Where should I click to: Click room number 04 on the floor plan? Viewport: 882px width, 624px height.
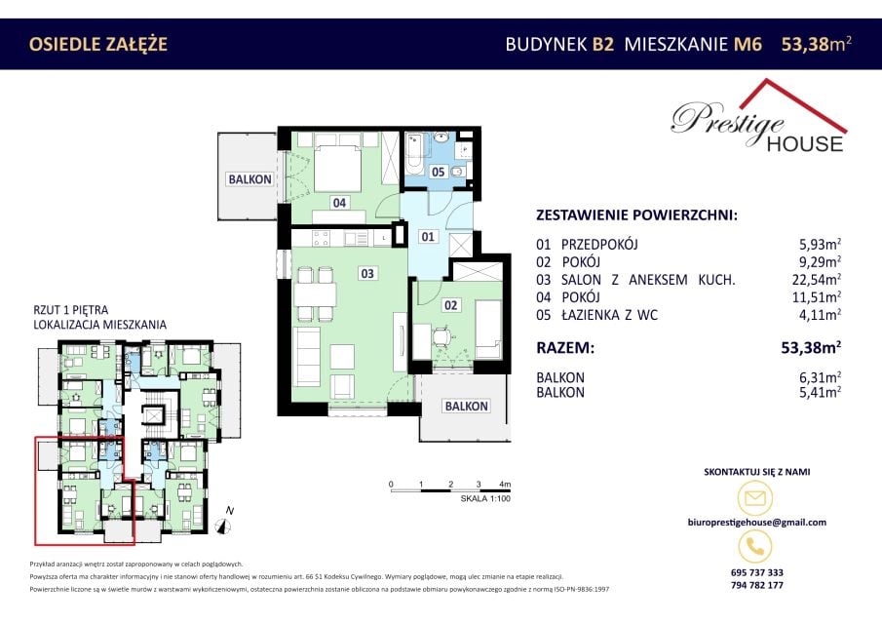coord(339,203)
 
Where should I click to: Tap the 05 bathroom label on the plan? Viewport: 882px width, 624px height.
coord(438,172)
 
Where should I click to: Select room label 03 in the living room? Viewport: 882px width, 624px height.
coord(366,273)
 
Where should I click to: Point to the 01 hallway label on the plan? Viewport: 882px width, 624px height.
coord(428,236)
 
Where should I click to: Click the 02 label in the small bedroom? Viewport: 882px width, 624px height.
coord(450,305)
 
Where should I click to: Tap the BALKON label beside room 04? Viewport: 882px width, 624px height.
coord(249,179)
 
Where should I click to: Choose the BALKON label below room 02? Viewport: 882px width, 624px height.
coord(466,406)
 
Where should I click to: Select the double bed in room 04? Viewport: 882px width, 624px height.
coord(337,167)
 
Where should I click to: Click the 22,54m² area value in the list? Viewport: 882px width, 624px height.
coord(816,279)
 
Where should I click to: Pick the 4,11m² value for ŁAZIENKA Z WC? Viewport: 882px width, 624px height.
coord(820,315)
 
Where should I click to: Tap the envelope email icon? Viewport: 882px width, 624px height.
coord(755,497)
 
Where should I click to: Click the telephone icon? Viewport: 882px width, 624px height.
coord(755,546)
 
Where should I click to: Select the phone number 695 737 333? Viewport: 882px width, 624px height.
coord(757,572)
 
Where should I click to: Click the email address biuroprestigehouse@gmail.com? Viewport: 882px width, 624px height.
coord(757,523)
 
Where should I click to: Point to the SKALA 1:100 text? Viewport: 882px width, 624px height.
coord(485,498)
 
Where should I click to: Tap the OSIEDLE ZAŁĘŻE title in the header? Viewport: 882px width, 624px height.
coord(97,44)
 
